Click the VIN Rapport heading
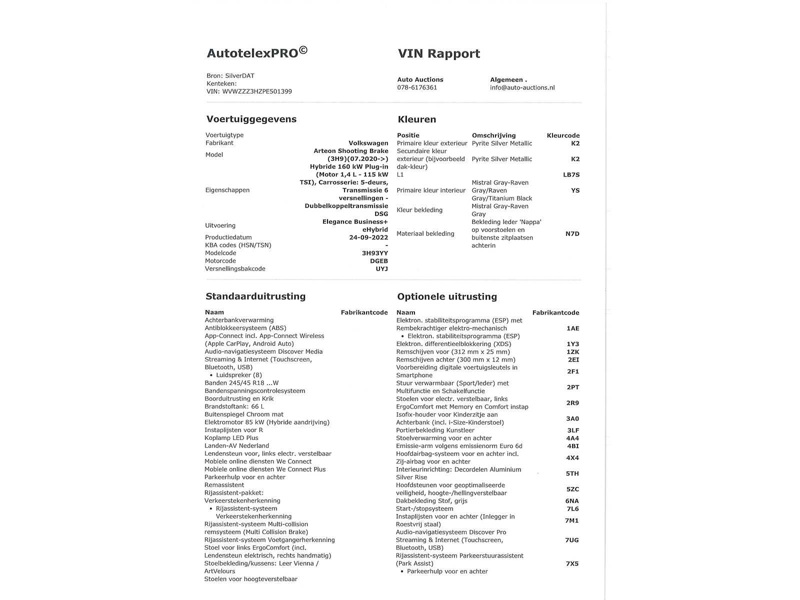(x=438, y=53)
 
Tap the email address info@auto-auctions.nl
(x=522, y=87)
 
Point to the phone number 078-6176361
(x=417, y=87)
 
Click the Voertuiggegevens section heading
(x=251, y=119)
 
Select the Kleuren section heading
(x=416, y=119)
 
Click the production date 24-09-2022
(x=368, y=237)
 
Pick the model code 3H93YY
(x=375, y=253)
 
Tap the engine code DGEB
(x=378, y=261)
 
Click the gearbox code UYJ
(x=381, y=269)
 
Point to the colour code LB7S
(x=571, y=174)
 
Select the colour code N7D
(x=572, y=233)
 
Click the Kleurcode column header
(x=563, y=135)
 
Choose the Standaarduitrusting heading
(x=255, y=296)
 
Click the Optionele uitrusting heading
(x=447, y=296)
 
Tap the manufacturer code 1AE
(x=572, y=328)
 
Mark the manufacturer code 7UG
(x=572, y=540)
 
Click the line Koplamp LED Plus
(x=231, y=438)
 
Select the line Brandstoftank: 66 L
(x=234, y=406)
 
